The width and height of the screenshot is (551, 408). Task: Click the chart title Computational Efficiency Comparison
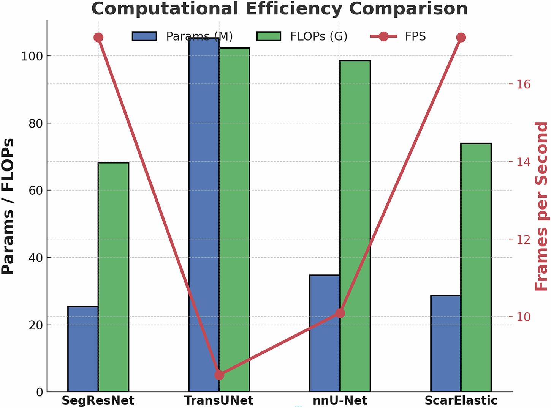coord(279,9)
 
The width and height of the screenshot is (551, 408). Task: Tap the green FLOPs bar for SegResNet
coord(113,277)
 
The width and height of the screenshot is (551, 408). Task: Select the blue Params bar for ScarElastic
coord(446,343)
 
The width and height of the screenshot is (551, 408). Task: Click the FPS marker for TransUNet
coord(219,375)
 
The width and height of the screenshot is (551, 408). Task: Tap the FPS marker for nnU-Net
coord(340,313)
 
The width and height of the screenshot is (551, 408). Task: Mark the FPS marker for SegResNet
coord(98,38)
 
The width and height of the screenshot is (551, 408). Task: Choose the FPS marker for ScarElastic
coord(461,38)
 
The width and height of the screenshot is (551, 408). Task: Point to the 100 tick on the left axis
coord(32,56)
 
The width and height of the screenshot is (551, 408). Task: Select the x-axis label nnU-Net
coord(340,400)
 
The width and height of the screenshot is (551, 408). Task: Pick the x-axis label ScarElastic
coord(461,400)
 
